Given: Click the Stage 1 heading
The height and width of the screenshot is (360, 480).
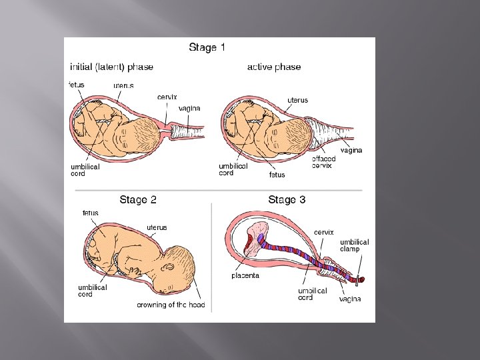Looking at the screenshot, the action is point(207,47).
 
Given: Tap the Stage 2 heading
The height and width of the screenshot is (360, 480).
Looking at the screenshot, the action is point(138,199).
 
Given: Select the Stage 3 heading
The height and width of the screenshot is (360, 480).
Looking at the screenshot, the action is point(287,199).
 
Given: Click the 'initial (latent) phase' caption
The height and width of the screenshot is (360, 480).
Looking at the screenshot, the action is point(111,67).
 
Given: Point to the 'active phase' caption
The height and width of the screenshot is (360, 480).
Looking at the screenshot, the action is point(274,67).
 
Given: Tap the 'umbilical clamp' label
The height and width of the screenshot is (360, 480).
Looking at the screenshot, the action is point(354,245).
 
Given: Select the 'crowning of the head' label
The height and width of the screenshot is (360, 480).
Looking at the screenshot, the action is point(171,305).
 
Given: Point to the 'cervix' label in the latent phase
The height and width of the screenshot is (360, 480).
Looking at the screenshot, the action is point(167,97).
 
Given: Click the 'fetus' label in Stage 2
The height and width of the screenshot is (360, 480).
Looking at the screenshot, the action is point(91,213).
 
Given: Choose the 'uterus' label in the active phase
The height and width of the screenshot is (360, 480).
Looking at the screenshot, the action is point(297,100).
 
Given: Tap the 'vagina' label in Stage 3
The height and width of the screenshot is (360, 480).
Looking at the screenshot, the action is point(349,299).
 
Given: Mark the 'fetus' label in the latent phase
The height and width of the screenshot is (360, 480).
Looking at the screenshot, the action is point(77,85).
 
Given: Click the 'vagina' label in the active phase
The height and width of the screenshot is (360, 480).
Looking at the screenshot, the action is point(351,150).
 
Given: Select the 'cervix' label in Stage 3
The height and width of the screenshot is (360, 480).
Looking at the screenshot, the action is point(324,231).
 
